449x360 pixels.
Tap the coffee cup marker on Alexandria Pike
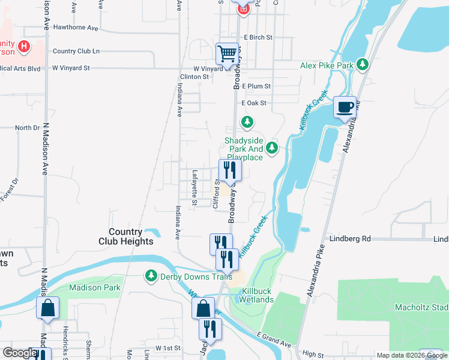click(345, 107)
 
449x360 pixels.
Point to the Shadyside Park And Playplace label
click(244, 149)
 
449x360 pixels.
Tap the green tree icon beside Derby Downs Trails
click(150, 276)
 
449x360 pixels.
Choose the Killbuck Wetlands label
click(258, 295)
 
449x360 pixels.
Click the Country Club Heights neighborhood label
click(126, 236)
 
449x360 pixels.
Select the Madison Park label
click(95, 287)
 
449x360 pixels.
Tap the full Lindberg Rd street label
click(350, 239)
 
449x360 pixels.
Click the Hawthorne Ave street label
click(76, 28)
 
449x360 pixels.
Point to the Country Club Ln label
click(76, 52)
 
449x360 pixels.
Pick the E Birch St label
click(258, 37)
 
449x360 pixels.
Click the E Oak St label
click(253, 103)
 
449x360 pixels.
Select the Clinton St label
click(194, 77)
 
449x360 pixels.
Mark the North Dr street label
click(28, 128)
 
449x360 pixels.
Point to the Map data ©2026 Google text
click(411, 355)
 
